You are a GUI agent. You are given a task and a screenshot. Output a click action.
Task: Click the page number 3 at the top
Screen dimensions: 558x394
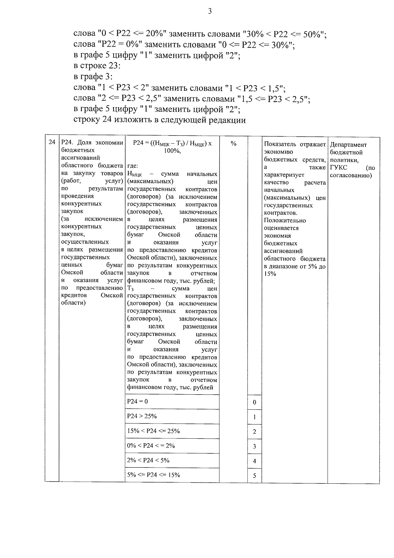point(210,12)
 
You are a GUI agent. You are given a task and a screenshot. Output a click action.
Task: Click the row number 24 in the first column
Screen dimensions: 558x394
point(52,142)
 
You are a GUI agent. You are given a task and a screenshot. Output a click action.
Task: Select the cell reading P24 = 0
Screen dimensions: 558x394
point(138,401)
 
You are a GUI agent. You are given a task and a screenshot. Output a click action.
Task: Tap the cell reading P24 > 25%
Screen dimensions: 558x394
point(142,416)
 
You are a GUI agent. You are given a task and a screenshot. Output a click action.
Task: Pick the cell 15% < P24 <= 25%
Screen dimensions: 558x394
point(153,431)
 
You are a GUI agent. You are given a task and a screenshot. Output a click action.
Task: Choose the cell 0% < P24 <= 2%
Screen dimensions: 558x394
point(151,446)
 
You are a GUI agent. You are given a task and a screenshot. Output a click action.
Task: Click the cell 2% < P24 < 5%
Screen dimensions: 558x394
point(148,460)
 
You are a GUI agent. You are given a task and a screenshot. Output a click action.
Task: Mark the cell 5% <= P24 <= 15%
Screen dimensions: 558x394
point(153,475)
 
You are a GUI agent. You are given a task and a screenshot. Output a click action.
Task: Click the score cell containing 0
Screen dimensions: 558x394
point(254,402)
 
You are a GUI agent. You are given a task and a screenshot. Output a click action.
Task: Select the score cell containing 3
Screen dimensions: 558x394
point(254,447)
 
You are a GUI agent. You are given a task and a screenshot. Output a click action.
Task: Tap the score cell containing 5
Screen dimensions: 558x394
point(254,476)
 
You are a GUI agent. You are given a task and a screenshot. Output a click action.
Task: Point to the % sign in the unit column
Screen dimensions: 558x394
point(233,144)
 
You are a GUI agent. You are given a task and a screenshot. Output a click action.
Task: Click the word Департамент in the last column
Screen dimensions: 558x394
point(348,145)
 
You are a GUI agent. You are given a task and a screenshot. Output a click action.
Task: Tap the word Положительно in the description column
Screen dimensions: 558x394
point(285,220)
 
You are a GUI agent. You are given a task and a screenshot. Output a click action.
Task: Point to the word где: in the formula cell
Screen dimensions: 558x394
point(133,166)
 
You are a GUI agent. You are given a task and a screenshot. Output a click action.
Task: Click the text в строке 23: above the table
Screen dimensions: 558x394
point(97,66)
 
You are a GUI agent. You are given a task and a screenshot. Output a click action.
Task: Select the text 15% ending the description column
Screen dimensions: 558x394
point(270,274)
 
